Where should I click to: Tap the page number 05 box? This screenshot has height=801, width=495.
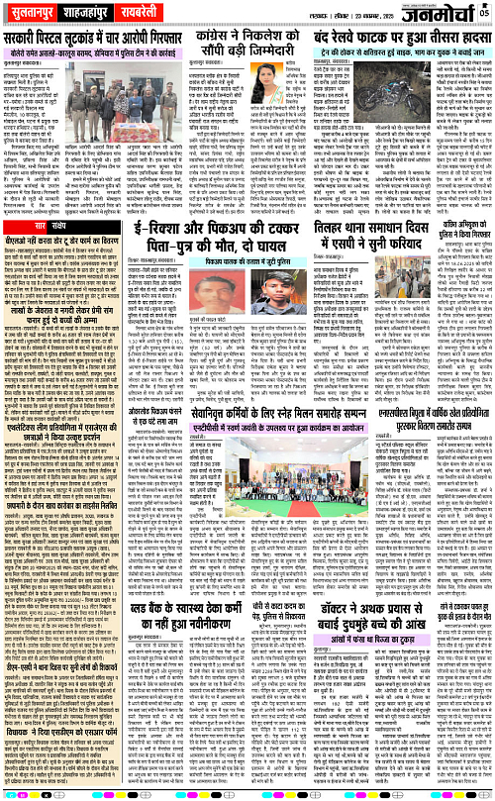point(483,12)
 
